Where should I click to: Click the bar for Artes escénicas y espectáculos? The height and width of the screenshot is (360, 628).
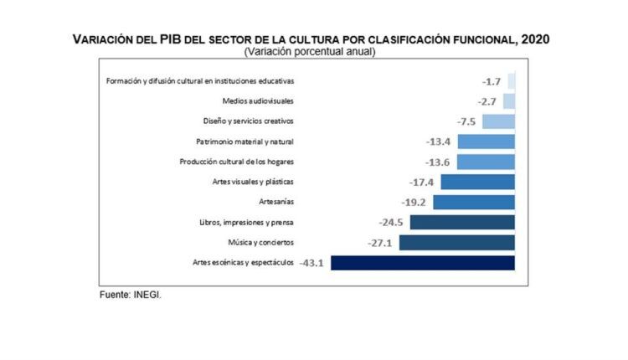tap(423, 263)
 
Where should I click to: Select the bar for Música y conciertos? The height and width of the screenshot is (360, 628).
tap(457, 243)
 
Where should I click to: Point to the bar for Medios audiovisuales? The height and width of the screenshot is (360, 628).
tap(509, 100)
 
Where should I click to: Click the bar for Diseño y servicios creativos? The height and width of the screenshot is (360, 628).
tap(498, 121)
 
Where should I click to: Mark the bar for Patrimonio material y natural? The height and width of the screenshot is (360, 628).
tap(486, 141)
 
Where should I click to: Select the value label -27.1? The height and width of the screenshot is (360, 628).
tap(380, 243)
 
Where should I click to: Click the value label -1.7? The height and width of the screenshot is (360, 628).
tap(492, 81)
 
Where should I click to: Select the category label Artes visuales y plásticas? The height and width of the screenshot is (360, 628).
tap(253, 182)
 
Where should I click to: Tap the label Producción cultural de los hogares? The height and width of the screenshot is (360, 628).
tap(237, 162)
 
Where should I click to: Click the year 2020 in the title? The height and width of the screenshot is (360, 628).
tap(533, 39)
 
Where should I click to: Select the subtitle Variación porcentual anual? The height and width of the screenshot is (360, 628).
tap(310, 52)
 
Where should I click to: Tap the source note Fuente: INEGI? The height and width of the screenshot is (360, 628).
tap(131, 296)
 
